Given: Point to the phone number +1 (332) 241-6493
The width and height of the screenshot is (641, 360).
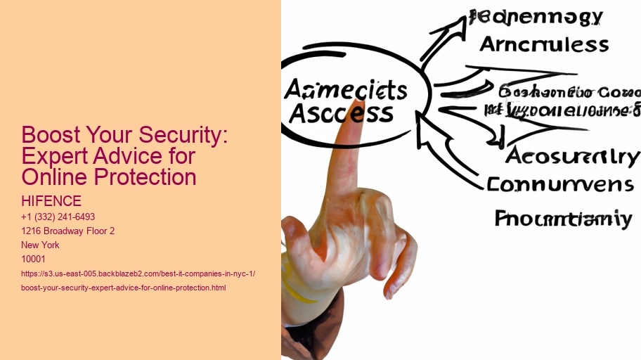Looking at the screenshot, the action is [x=58, y=217].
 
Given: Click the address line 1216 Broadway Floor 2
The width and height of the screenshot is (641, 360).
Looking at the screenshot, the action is [x=69, y=231].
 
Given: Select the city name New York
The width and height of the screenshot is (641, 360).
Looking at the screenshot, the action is [x=41, y=245].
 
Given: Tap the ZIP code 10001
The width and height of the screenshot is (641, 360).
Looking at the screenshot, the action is [x=34, y=259].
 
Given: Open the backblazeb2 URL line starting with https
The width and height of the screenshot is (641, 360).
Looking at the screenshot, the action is [x=138, y=274].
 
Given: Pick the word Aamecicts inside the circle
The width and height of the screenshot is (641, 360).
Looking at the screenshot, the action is [x=346, y=91].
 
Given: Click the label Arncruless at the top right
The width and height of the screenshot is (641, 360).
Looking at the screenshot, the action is [x=544, y=44].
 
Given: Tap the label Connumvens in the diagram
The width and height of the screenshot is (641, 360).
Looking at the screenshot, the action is [x=559, y=184].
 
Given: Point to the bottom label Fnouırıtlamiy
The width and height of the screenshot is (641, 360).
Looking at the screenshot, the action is [x=562, y=219].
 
